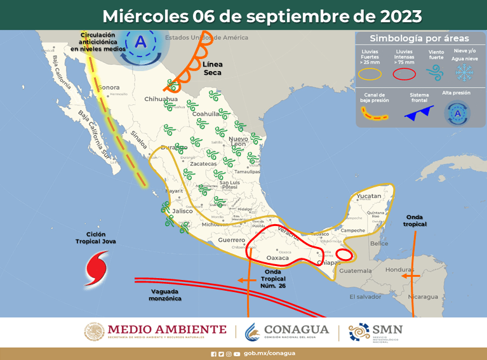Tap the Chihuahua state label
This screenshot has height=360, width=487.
pos(161,100)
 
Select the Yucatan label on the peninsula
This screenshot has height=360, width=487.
pos(368,196)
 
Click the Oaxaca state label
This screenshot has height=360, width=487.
pos(277,258)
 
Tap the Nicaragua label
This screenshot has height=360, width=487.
pos(423,297)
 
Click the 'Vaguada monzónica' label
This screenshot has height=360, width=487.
pos(166,295)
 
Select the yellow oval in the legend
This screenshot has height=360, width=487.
pos(370,74)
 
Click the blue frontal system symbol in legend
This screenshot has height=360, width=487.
pos(418,112)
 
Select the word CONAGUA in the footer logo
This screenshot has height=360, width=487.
pos(297,330)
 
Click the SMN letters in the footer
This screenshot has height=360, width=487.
pos(387,330)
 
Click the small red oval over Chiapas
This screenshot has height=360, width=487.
pos(344,255)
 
